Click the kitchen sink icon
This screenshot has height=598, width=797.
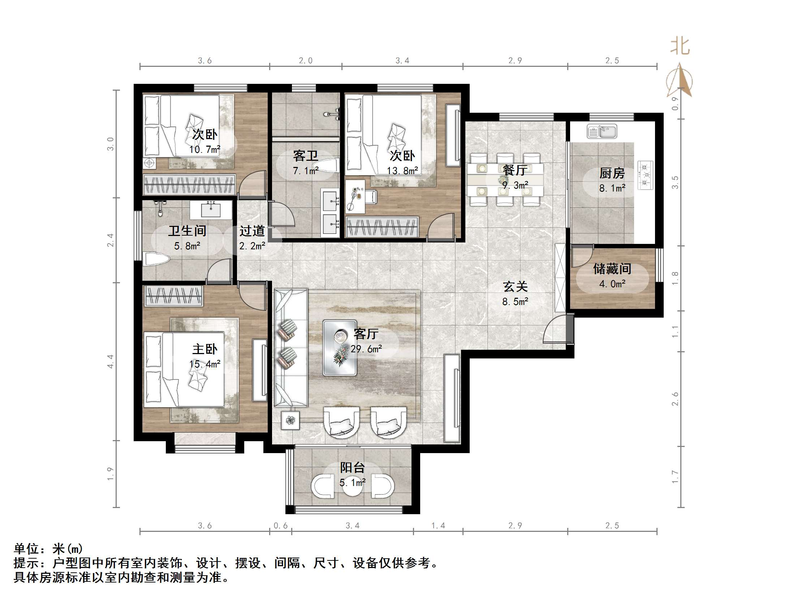point(602,132)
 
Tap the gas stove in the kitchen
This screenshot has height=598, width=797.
point(646,175)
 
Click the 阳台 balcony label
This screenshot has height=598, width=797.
point(352,468)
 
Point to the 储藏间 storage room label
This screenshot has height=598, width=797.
point(612,269)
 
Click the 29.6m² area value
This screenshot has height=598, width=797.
point(366,349)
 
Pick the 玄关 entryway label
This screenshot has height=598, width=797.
point(515,287)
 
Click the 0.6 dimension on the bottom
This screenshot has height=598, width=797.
point(280,526)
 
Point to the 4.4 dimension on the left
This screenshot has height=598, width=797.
point(110,361)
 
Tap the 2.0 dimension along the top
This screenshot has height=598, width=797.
point(305,61)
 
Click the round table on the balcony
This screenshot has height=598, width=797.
point(352,486)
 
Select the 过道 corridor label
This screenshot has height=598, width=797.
point(252,231)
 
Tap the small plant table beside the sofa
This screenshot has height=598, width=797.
point(290,420)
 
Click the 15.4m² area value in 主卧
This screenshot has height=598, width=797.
point(205,364)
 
